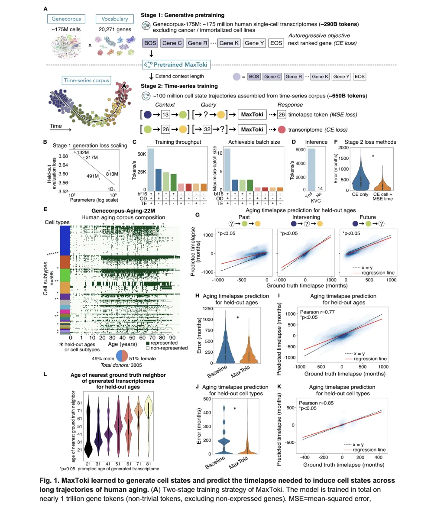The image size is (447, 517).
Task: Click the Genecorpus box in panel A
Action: (x=66, y=19)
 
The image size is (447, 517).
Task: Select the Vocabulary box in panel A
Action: (x=114, y=19)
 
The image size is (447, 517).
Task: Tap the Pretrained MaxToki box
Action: (x=175, y=65)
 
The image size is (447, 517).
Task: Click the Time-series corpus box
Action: (x=87, y=81)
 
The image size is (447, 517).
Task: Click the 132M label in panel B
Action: (x=83, y=152)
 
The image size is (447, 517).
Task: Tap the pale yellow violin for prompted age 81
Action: (x=149, y=416)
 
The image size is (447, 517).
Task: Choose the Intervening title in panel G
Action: (x=306, y=217)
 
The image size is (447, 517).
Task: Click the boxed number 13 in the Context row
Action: (x=165, y=115)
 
